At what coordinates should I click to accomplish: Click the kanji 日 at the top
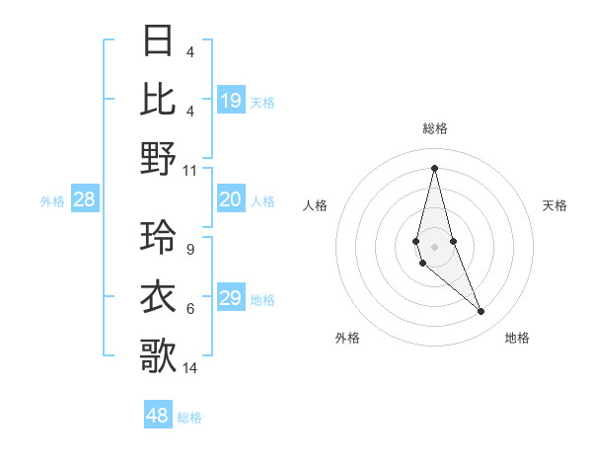click(159, 41)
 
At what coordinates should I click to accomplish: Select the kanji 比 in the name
click(159, 99)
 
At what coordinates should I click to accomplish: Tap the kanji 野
click(159, 157)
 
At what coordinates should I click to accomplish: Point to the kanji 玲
click(159, 238)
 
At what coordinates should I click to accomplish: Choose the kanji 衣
click(159, 297)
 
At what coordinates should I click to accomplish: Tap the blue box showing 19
click(231, 100)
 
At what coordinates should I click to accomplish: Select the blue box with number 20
click(231, 199)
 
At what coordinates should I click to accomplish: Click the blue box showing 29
click(231, 298)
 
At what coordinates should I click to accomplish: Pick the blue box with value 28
click(84, 199)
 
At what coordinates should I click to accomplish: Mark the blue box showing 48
click(158, 416)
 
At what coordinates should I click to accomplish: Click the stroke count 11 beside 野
click(190, 170)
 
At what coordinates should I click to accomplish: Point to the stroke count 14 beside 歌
click(190, 368)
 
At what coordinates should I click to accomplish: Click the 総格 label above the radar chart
click(435, 128)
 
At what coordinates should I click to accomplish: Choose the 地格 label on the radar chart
click(517, 338)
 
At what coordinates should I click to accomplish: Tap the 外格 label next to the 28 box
click(52, 201)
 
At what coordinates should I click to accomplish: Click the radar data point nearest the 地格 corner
click(481, 312)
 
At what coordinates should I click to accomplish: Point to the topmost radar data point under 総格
click(434, 167)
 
